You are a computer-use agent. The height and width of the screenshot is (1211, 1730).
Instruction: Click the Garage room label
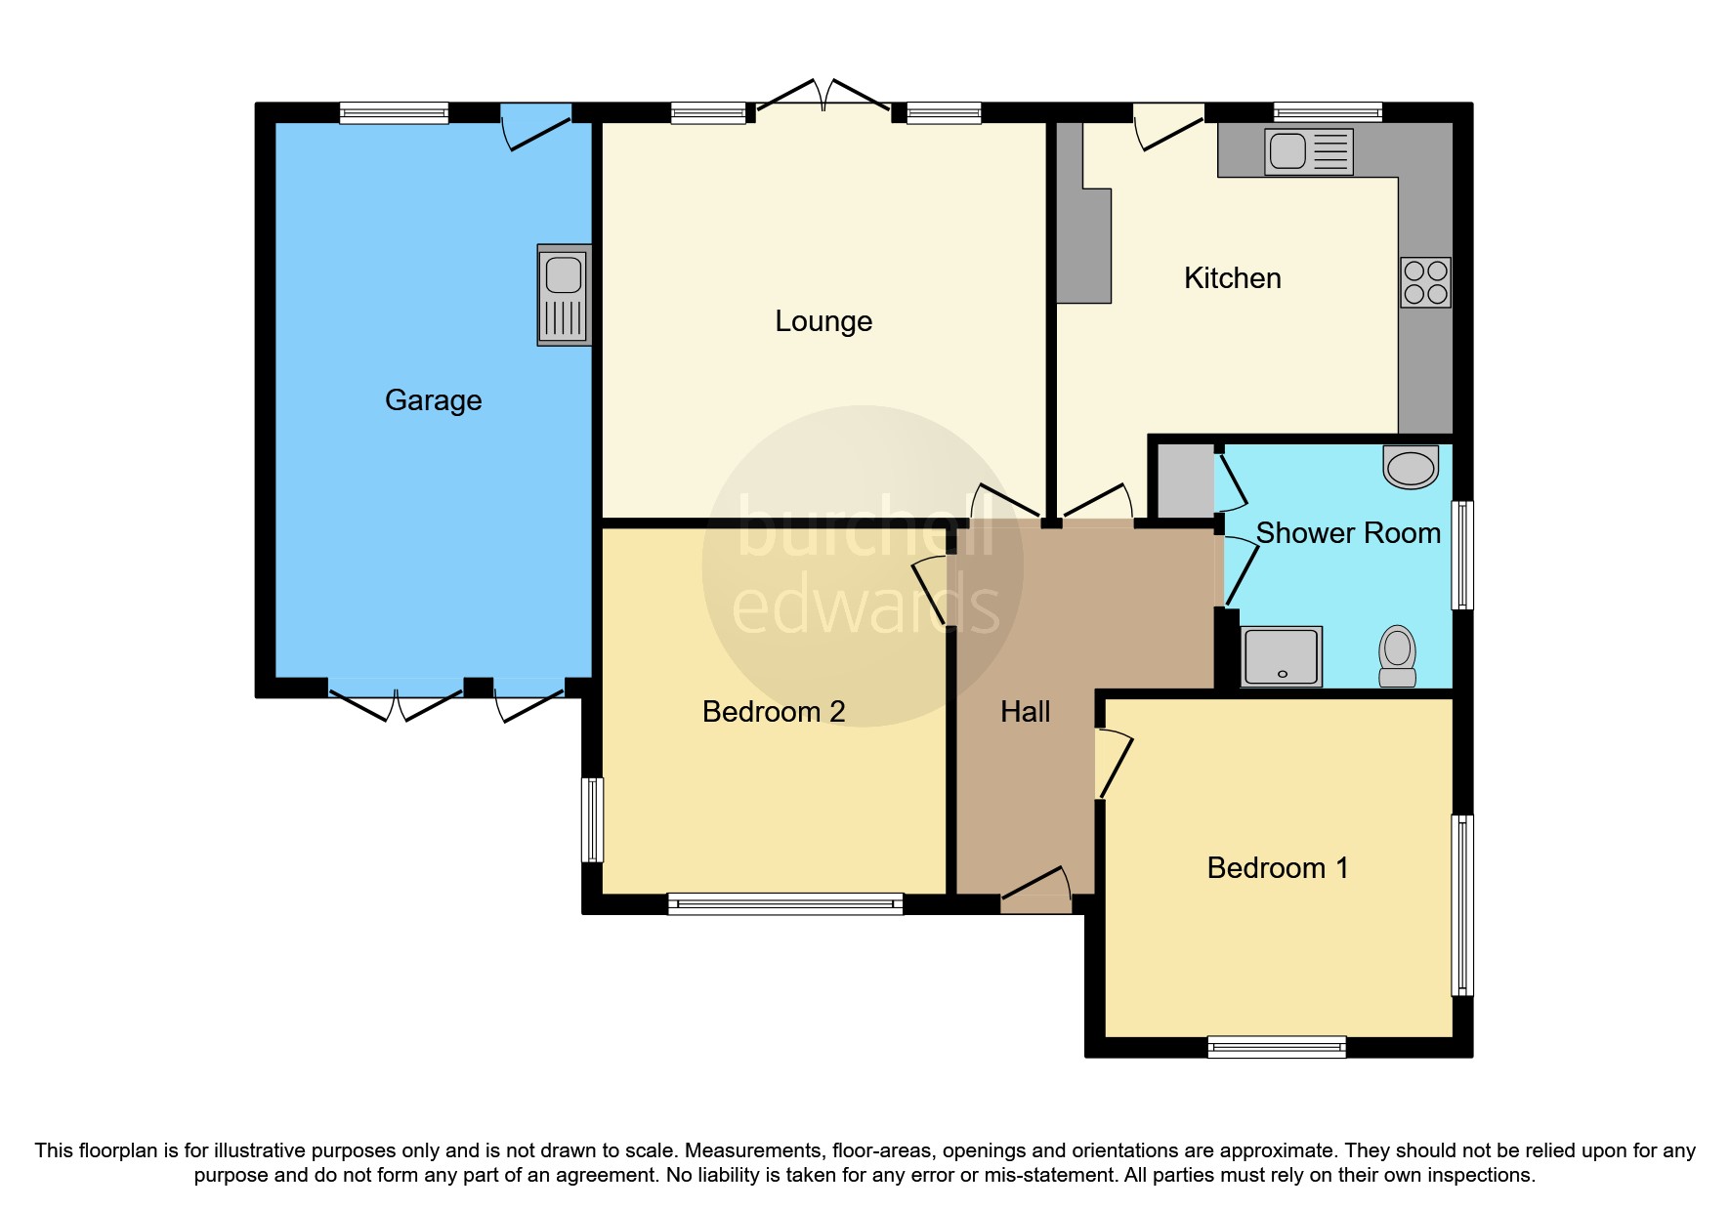coord(433,400)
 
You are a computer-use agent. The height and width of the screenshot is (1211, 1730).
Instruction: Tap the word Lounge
coord(823,321)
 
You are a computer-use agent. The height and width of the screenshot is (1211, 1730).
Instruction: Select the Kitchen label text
coord(1232,278)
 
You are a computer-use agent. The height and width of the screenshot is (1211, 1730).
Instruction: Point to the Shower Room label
coord(1347,533)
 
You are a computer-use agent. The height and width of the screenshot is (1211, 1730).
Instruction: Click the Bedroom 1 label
coord(1277,868)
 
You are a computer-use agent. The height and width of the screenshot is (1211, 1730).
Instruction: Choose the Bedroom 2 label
coord(773,712)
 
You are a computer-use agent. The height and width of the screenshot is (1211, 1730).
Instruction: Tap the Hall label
coord(1025,712)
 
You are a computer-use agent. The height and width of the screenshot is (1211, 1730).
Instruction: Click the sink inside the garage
coord(564,295)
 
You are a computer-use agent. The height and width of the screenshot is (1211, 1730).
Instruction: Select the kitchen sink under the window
coord(1308,152)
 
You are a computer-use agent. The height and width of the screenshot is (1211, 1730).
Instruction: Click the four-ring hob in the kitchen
coord(1424,282)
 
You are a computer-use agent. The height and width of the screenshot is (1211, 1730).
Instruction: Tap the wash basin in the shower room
coord(1412,468)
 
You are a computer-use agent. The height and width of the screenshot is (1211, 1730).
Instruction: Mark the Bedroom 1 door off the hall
coord(1112,765)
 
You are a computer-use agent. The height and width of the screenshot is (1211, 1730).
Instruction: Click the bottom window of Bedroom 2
coord(784,903)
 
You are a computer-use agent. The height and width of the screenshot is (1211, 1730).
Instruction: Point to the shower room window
coord(1461,555)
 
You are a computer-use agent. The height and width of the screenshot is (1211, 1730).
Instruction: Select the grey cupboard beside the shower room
coord(1185,481)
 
